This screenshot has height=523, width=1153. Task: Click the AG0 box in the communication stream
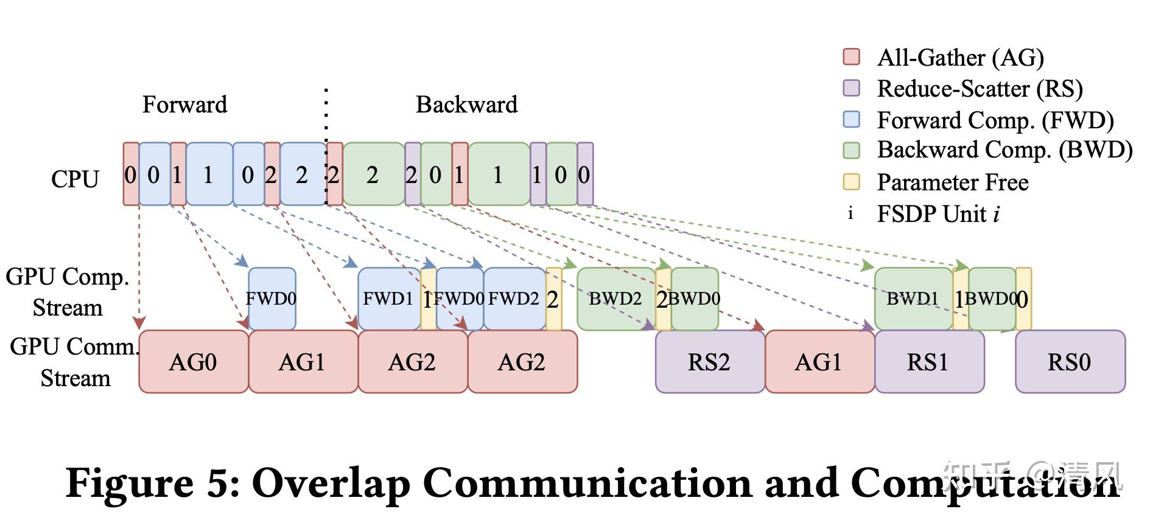(193, 362)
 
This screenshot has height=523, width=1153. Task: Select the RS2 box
(709, 362)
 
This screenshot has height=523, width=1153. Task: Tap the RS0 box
(1070, 362)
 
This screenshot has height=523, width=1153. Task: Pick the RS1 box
(929, 362)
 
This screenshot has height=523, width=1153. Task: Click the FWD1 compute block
(388, 299)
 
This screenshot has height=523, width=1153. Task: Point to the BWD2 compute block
(615, 299)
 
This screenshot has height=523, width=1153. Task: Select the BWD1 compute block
(913, 299)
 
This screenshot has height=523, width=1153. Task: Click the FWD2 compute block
(514, 299)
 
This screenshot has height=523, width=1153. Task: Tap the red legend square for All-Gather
(851, 57)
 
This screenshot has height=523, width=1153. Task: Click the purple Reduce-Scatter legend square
(851, 88)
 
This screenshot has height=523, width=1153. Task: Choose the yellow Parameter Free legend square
(851, 182)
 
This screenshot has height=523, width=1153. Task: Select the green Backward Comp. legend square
(851, 150)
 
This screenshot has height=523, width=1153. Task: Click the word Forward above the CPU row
(184, 105)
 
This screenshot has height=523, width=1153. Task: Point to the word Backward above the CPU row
(466, 105)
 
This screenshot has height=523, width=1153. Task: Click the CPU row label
(75, 179)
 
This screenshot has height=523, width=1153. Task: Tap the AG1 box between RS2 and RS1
(819, 362)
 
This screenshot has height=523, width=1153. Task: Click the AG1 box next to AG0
(303, 362)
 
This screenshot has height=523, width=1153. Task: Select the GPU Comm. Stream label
(75, 362)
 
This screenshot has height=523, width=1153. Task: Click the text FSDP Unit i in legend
(937, 214)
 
